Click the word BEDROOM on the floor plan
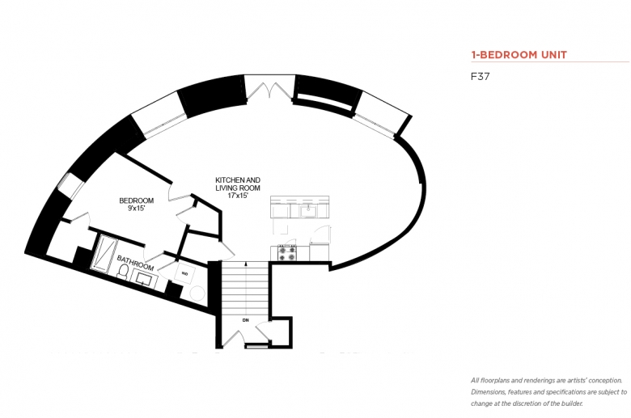pyautogui.click(x=137, y=201)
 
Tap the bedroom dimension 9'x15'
pyautogui.click(x=136, y=208)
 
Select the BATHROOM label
pyautogui.click(x=135, y=263)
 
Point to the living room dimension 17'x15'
pyautogui.click(x=238, y=196)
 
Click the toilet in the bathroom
pyautogui.click(x=122, y=272)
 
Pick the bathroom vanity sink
pyautogui.click(x=144, y=278)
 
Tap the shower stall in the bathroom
pyautogui.click(x=104, y=252)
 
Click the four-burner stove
pyautogui.click(x=287, y=252)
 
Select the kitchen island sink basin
pyautogui.click(x=309, y=210)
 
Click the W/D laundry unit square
pyautogui.click(x=184, y=273)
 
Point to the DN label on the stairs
pyautogui.click(x=245, y=320)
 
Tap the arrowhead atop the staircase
pyautogui.click(x=245, y=264)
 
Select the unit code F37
pyautogui.click(x=480, y=77)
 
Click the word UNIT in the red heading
pyautogui.click(x=553, y=55)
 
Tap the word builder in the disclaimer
pyautogui.click(x=572, y=403)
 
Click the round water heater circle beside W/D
pyautogui.click(x=197, y=293)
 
